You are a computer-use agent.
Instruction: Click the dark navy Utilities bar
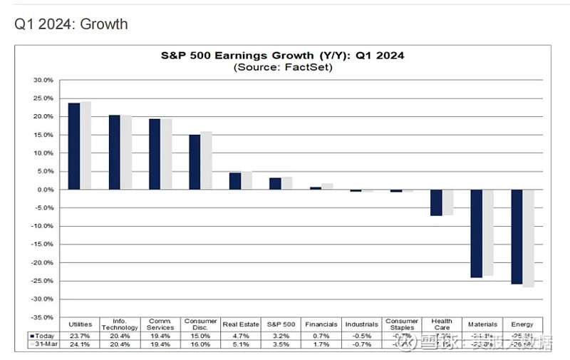point(74,146)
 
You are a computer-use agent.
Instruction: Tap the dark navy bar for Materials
point(477,233)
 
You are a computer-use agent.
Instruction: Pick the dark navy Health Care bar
point(436,202)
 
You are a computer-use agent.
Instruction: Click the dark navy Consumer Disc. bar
point(195,162)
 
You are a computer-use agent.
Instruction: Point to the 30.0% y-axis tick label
point(43,80)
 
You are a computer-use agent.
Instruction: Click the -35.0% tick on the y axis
point(42,317)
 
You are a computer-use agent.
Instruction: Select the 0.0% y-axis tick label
point(46,190)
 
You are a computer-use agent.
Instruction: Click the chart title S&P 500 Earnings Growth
point(282,56)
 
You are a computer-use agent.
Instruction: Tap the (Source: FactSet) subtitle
point(282,68)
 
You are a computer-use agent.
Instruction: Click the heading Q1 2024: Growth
point(71,24)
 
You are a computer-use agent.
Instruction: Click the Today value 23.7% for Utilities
point(80,335)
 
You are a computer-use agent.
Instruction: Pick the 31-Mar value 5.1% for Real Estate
point(240,344)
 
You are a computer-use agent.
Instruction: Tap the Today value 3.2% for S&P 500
point(281,335)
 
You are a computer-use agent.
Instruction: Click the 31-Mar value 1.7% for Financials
point(321,344)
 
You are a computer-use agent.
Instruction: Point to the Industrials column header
point(361,324)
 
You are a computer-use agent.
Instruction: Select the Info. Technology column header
point(120,324)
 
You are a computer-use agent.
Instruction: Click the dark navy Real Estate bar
point(234,181)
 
